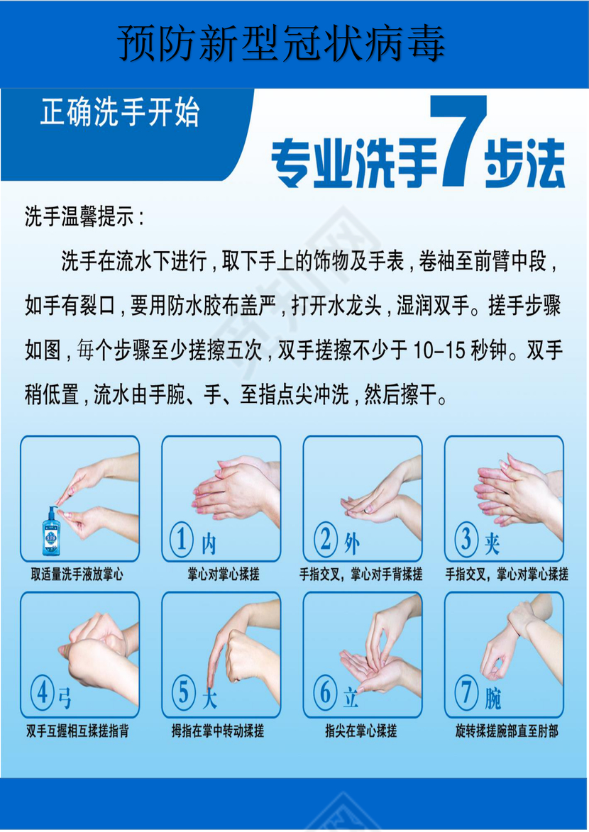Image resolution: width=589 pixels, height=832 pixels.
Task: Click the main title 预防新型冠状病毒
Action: click(x=282, y=44)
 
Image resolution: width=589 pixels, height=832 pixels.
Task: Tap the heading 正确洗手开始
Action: click(x=120, y=113)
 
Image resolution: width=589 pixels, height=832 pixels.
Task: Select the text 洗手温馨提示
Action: click(x=84, y=217)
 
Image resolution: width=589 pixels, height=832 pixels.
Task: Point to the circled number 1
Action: click(x=182, y=540)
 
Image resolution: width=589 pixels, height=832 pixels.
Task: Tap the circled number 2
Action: click(x=326, y=540)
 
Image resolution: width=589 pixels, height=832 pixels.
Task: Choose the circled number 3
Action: click(x=466, y=540)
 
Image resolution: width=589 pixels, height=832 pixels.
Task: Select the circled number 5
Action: click(x=184, y=693)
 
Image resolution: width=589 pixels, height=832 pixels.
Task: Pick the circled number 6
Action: click(x=325, y=693)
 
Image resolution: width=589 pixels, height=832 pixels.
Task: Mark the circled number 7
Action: click(x=466, y=693)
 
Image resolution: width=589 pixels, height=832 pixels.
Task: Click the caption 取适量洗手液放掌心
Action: click(x=77, y=575)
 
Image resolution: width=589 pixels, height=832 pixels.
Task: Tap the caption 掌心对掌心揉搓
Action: click(x=224, y=575)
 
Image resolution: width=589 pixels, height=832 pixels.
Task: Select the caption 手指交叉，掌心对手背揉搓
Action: click(x=360, y=575)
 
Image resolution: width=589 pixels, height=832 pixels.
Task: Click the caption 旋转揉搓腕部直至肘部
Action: click(x=507, y=731)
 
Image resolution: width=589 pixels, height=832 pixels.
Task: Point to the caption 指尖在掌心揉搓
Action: click(x=360, y=731)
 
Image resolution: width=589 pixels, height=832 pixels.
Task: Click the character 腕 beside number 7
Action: click(x=493, y=699)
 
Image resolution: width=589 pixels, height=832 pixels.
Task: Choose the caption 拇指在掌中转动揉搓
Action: click(x=217, y=731)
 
